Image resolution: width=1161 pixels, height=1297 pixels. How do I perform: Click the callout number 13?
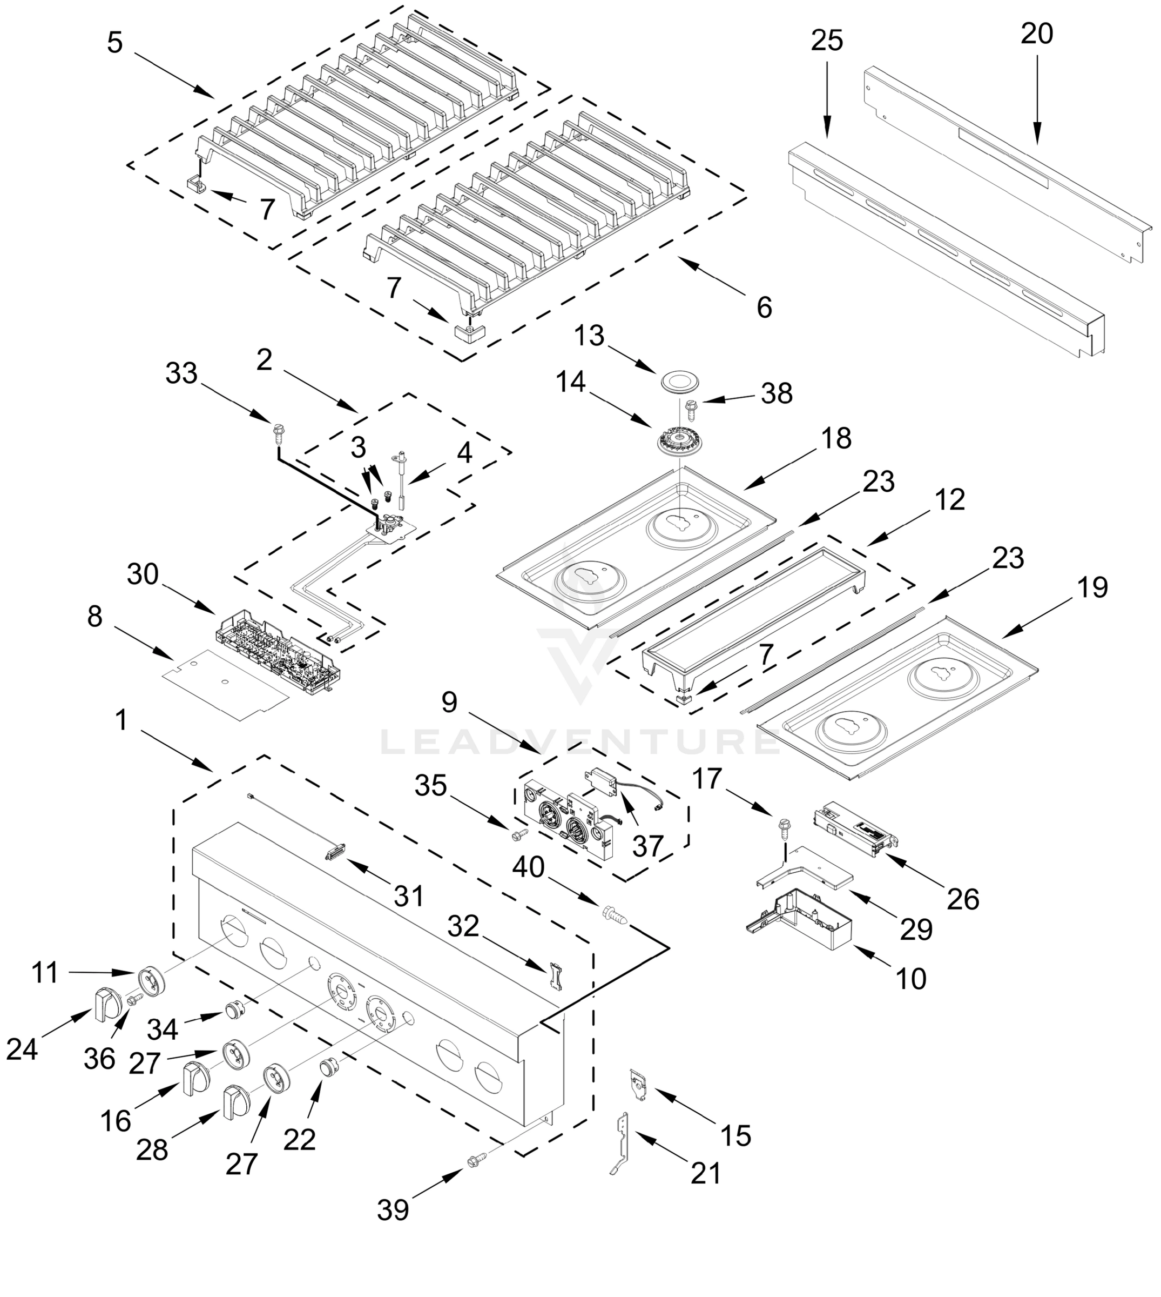coord(589,336)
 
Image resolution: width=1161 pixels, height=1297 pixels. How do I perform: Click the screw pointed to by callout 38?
coord(690,408)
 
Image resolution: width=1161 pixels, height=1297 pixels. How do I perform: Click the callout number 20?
coord(1037,33)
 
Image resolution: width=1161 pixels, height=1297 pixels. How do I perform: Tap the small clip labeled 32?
coord(556,977)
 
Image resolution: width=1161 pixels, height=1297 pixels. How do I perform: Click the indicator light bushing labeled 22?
coord(329,1066)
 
